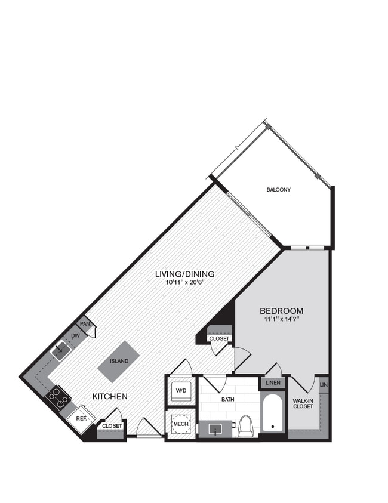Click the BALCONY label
[278, 190]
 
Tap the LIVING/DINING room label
[184, 274]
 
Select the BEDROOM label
[281, 311]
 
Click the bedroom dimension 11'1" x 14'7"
[281, 319]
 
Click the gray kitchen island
[119, 361]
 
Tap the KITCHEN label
[110, 396]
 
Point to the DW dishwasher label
[75, 336]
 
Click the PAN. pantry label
[85, 324]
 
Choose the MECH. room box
[180, 424]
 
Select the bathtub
[273, 413]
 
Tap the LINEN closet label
[272, 382]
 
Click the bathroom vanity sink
[214, 428]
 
